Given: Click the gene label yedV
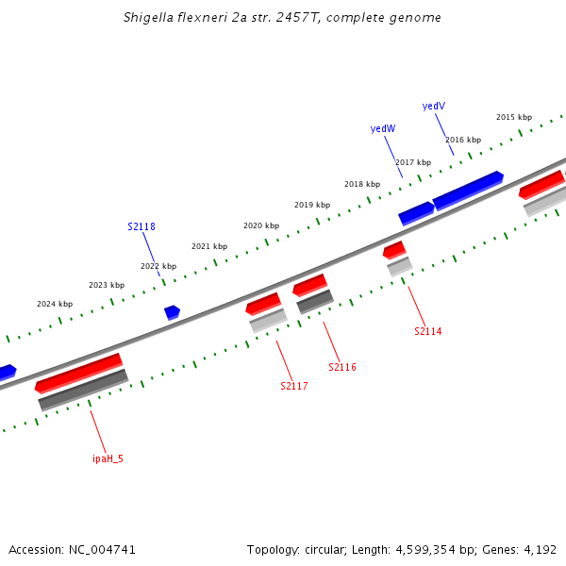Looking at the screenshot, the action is (434, 107).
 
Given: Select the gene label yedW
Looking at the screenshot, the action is (383, 128).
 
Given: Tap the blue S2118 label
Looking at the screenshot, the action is (141, 227).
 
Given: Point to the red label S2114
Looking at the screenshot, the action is (427, 332).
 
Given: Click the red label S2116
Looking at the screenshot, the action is (342, 367).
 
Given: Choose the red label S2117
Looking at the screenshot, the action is (294, 386).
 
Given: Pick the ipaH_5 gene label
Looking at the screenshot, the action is (108, 458).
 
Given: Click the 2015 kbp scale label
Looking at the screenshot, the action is (514, 117).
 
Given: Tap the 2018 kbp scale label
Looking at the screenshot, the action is (362, 185).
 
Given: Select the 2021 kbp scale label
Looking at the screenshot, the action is (209, 247).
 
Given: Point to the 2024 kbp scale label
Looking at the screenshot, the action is (55, 305).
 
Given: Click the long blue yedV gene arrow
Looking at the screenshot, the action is (468, 190).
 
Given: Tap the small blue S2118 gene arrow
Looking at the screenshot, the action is (172, 311).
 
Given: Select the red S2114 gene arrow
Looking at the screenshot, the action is (394, 250).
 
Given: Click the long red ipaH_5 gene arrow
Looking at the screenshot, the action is (78, 373).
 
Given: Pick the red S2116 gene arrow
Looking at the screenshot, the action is (309, 284).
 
